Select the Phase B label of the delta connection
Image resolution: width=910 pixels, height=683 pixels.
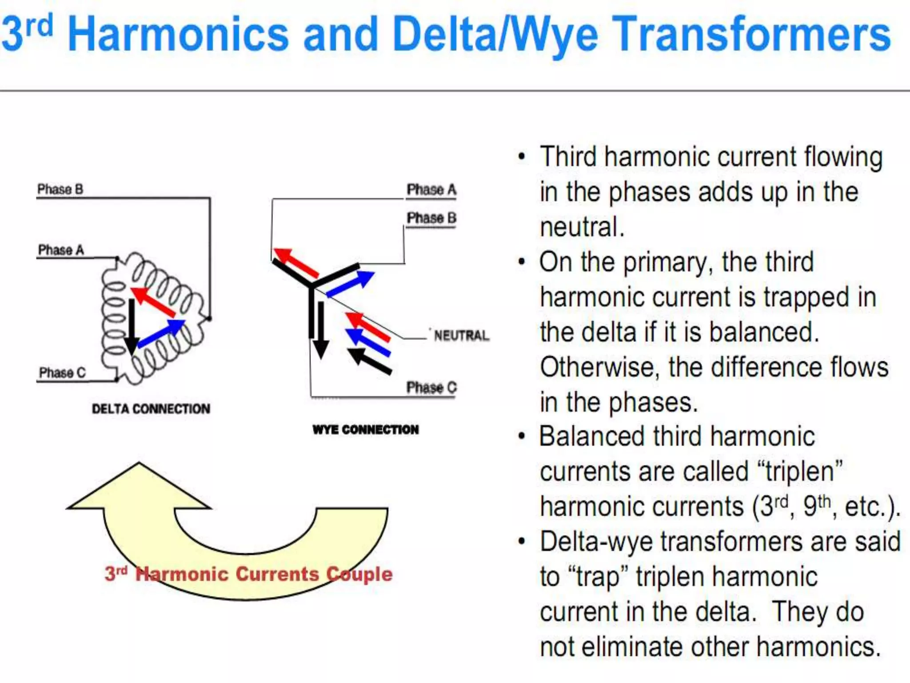(x=60, y=189)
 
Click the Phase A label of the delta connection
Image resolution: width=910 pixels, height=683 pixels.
(x=61, y=250)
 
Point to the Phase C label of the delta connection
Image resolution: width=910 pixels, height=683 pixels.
(x=62, y=373)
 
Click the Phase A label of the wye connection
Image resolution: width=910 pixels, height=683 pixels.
(x=431, y=190)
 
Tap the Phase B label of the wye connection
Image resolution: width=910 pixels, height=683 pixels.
(x=431, y=218)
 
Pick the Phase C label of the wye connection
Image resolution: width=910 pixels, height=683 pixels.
(x=431, y=388)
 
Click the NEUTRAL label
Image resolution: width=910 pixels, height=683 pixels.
(x=461, y=335)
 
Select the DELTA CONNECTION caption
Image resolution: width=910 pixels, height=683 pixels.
(x=151, y=409)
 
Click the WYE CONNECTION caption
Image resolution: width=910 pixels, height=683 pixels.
(x=365, y=430)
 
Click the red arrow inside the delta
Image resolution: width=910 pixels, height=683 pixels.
(x=153, y=302)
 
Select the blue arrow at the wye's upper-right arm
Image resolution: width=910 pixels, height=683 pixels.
(x=351, y=283)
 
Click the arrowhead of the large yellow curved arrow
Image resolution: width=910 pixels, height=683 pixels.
(x=139, y=487)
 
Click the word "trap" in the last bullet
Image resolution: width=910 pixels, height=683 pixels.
(x=591, y=577)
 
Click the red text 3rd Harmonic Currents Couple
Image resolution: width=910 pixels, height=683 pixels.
(x=249, y=574)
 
